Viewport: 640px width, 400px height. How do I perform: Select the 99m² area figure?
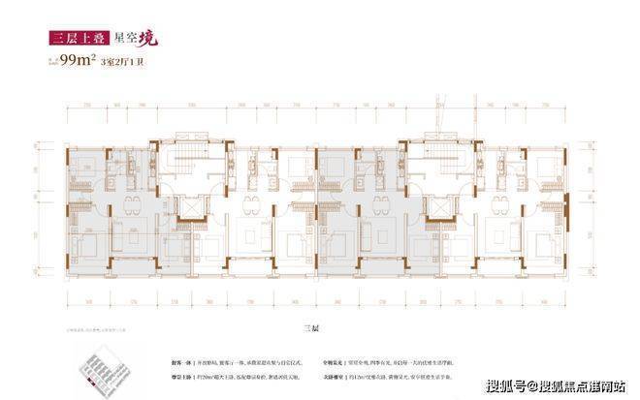click(81, 64)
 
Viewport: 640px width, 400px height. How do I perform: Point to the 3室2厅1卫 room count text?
click(128, 65)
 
